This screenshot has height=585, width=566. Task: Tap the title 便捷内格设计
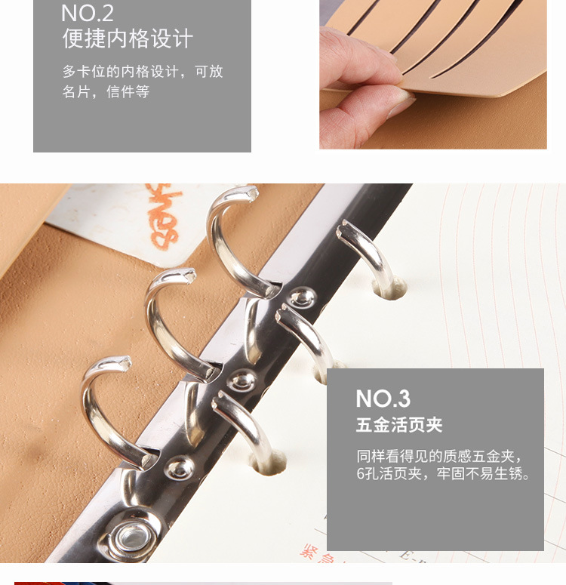click(128, 39)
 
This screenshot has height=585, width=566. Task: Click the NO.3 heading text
click(383, 398)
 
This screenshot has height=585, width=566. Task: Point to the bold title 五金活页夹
click(399, 425)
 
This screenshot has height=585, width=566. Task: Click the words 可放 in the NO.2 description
click(208, 72)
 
